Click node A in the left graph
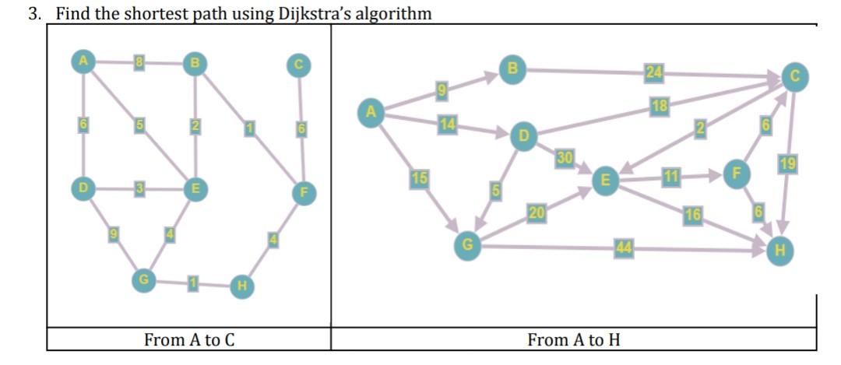[81, 61]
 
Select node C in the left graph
[297, 65]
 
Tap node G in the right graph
[467, 246]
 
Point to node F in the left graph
[304, 192]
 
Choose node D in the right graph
[523, 137]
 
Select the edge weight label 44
[622, 248]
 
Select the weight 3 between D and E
[138, 188]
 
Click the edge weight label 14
[447, 124]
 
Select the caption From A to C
[189, 340]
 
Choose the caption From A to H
[574, 340]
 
